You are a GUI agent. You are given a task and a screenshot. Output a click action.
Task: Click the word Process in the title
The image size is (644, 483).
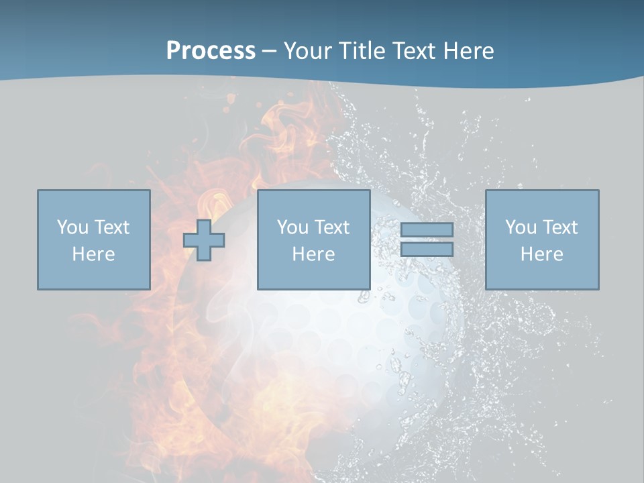tap(211, 51)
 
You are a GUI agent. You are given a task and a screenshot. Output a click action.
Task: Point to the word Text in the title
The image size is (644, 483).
tap(415, 51)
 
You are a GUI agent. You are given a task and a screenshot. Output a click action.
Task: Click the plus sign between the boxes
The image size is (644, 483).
tap(204, 240)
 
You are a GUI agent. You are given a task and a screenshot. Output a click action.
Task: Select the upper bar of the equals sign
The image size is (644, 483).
tap(427, 230)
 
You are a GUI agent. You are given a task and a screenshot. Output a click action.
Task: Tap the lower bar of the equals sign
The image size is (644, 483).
tap(427, 250)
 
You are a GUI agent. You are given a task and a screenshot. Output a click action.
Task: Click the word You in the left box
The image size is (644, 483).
tap(72, 227)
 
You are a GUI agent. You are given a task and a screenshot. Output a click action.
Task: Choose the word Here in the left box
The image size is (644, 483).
tap(93, 254)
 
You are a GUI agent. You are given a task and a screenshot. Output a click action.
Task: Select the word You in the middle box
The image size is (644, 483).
tap(292, 227)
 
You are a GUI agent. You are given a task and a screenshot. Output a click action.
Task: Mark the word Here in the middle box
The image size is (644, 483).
tap(313, 254)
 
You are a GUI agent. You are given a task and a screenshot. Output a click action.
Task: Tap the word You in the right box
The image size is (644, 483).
tap(521, 227)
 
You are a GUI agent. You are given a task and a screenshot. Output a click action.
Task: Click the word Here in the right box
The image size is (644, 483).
tap(541, 254)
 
